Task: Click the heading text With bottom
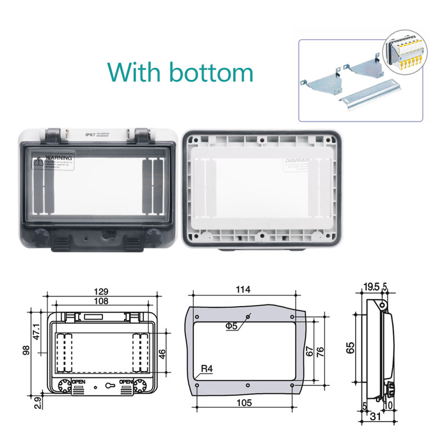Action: [x=180, y=72]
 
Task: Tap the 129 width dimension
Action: [x=100, y=291]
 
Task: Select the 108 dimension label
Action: [x=100, y=301]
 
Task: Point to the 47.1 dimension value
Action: [x=37, y=332]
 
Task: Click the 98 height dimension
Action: [x=26, y=350]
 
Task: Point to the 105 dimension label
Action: [x=244, y=403]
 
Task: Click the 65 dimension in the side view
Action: [x=350, y=347]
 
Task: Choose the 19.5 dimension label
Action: [x=371, y=287]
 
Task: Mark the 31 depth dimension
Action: [x=376, y=417]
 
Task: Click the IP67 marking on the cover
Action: [x=91, y=134]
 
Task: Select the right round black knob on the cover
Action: [x=154, y=238]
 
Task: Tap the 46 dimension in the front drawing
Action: [x=162, y=353]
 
